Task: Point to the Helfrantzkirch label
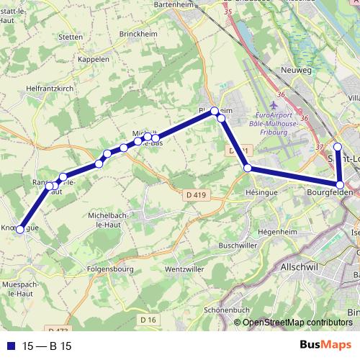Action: click(x=30, y=88)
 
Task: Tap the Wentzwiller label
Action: click(x=185, y=269)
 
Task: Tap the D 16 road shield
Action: click(x=148, y=319)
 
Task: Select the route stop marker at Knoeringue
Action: click(x=20, y=229)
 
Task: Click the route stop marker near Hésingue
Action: click(x=248, y=168)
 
